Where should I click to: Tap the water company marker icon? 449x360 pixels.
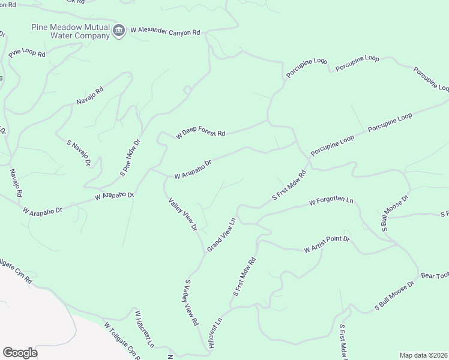[119, 31]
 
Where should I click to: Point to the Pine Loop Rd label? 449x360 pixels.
[27, 52]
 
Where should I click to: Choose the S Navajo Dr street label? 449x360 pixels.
[79, 153]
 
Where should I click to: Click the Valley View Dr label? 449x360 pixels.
[183, 215]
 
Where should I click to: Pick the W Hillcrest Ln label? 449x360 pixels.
[144, 329]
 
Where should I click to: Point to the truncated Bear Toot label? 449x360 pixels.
[435, 275]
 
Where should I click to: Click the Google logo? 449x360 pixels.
[20, 353]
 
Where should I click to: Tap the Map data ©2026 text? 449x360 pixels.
[423, 355]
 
